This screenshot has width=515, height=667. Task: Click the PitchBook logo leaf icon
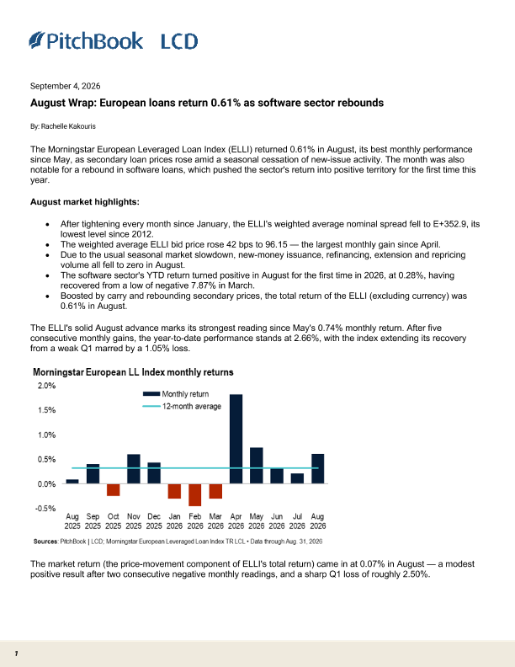(x=36, y=40)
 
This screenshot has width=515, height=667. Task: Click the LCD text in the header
(x=179, y=41)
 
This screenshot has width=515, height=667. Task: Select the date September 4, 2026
(x=66, y=86)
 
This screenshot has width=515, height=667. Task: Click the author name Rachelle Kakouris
(x=68, y=126)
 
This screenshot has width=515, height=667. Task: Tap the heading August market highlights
(x=84, y=201)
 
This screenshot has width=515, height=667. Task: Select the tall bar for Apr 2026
(x=236, y=439)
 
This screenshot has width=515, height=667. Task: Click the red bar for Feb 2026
(x=195, y=494)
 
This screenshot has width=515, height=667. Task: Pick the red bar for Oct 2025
(x=113, y=489)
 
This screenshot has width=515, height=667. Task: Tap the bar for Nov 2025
(x=134, y=469)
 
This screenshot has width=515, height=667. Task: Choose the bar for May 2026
(x=256, y=466)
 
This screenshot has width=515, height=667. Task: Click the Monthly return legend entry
(x=176, y=394)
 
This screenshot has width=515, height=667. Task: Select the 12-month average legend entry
(x=182, y=406)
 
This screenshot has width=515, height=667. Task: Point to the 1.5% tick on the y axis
(x=47, y=410)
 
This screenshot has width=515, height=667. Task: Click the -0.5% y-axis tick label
(x=45, y=509)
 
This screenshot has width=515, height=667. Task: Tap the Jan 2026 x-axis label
(x=175, y=521)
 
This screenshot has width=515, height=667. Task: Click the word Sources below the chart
(x=45, y=542)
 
